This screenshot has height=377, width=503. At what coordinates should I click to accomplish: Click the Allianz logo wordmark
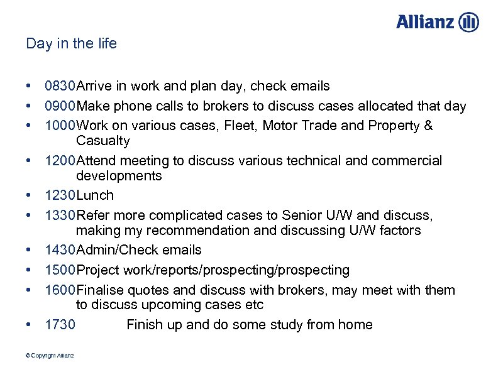(425, 22)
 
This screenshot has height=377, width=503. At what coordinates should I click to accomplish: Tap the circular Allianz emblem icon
(469, 22)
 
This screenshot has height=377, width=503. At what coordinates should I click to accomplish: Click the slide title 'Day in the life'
(72, 44)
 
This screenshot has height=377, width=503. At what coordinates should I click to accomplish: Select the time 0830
(60, 86)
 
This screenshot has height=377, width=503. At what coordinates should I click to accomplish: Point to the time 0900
(60, 106)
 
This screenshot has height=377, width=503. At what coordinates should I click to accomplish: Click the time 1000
(60, 126)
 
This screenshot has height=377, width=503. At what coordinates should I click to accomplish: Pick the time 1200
(60, 161)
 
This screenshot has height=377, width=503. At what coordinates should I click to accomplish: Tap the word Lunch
(95, 195)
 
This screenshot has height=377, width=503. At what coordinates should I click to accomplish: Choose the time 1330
(60, 216)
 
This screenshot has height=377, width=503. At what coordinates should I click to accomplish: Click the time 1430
(60, 250)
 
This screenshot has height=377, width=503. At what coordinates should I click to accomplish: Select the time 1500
(60, 270)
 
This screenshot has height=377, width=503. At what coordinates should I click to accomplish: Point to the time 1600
(60, 290)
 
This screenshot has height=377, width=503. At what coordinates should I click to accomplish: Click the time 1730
(60, 325)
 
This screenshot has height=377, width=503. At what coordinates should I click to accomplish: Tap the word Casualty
(103, 141)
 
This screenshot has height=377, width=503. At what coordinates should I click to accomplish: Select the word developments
(119, 176)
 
